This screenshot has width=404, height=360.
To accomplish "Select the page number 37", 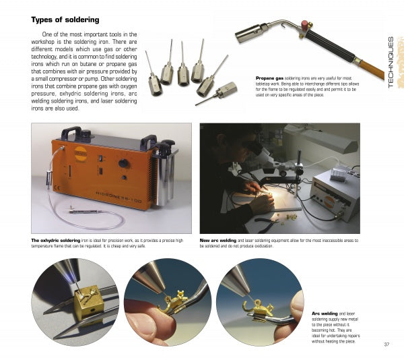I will tap(386, 346).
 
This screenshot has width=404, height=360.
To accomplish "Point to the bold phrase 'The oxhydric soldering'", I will tap(55, 240).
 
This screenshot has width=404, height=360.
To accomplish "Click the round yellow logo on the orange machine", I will tap(81, 153).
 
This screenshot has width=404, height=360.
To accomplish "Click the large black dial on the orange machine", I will tap(124, 163).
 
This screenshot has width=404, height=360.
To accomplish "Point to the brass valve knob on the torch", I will tap(309, 26).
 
